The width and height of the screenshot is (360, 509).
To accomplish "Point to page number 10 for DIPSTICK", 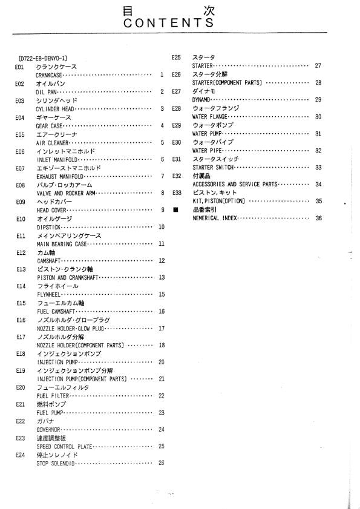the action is pyautogui.click(x=162, y=227).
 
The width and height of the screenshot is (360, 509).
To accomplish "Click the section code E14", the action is pyautogui.click(x=20, y=286).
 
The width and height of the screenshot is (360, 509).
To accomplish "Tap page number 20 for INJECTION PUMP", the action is pyautogui.click(x=162, y=362).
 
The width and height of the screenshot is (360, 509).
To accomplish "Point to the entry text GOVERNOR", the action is pyautogui.click(x=50, y=430).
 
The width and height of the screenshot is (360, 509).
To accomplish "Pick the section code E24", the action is pyautogui.click(x=20, y=455).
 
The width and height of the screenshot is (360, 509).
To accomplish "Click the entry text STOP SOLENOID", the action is pyautogui.click(x=56, y=464).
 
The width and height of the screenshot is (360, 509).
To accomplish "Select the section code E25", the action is pyautogui.click(x=177, y=57).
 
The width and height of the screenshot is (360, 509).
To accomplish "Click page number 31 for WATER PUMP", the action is pyautogui.click(x=318, y=133).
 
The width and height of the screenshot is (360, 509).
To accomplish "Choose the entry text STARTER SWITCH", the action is pyautogui.click(x=215, y=167).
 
